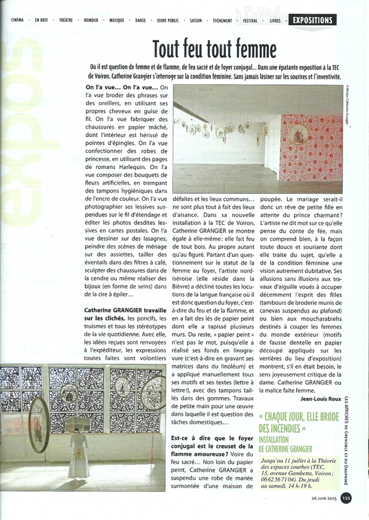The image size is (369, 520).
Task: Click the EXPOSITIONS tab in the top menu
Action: click(x=312, y=20)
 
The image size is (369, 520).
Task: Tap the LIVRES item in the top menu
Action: click(x=275, y=21)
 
